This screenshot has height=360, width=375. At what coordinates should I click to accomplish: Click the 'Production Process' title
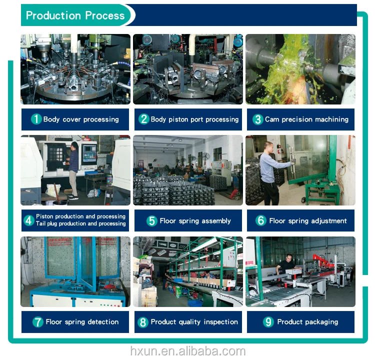75,15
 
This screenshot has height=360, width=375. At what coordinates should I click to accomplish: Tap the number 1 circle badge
36,119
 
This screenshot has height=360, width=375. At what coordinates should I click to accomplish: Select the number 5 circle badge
152,221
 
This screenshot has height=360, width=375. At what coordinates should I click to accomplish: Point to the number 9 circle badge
268,321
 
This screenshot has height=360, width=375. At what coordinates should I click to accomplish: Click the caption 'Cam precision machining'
306,119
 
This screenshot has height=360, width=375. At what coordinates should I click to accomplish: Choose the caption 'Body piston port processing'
194,119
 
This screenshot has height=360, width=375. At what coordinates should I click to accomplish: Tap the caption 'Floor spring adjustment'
308,221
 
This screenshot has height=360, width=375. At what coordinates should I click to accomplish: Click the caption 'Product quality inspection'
194,322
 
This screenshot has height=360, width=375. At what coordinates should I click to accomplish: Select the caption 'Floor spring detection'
82,322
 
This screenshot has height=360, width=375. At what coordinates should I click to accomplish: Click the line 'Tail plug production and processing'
81,223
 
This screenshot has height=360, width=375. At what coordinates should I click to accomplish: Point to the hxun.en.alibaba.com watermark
188,351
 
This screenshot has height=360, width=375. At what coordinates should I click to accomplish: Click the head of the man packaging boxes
289,258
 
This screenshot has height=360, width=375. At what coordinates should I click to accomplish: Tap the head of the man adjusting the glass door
268,146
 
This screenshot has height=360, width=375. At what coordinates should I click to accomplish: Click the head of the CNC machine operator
75,145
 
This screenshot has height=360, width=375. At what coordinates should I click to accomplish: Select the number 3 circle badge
258,119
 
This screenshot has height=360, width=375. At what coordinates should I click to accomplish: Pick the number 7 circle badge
38,322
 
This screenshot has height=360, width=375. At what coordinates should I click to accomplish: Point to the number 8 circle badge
143,322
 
